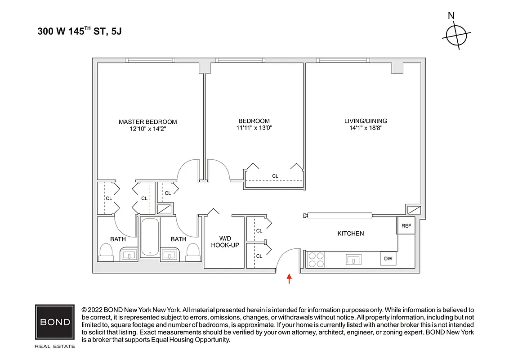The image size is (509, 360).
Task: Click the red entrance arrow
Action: click(x=289, y=279)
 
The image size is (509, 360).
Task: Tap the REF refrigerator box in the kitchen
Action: click(x=406, y=226)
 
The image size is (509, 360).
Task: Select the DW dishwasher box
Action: click(x=388, y=259)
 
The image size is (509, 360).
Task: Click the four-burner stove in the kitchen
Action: click(x=316, y=259)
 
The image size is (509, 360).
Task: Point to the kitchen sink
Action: click(x=354, y=259)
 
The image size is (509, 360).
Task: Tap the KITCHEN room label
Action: click(x=350, y=234)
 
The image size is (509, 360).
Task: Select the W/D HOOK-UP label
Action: click(x=225, y=242)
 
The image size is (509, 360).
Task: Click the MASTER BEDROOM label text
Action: click(x=147, y=121)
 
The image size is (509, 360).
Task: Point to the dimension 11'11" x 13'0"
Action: click(x=254, y=128)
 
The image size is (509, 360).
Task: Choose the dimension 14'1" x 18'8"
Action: click(x=365, y=128)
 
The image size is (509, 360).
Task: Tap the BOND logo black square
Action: click(x=55, y=322)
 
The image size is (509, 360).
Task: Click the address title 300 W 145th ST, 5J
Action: click(x=80, y=32)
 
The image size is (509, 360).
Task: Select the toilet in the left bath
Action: click(x=106, y=253)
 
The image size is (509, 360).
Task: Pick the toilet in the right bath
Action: click(x=192, y=253)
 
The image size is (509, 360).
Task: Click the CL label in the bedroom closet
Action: click(x=275, y=176)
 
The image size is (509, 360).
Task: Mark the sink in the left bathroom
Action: click(x=129, y=255)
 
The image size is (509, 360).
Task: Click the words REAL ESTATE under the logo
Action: click(x=55, y=346)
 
